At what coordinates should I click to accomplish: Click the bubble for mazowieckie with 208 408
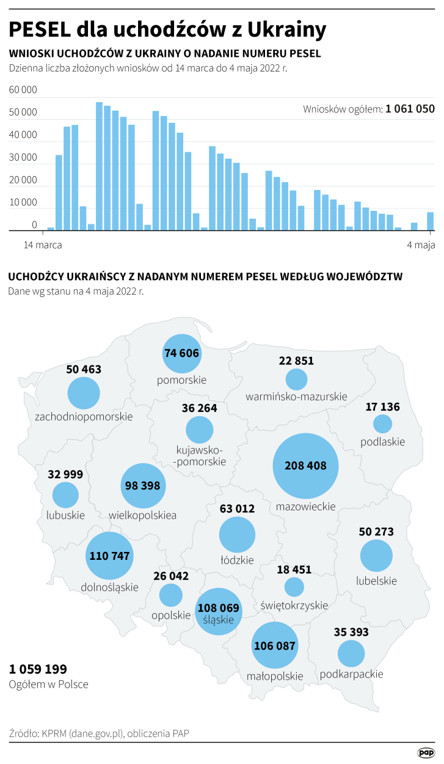[305, 466]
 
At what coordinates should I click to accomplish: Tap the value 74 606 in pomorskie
[181, 353]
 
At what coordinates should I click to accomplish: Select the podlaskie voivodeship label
[383, 441]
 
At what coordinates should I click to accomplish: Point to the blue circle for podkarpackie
[351, 653]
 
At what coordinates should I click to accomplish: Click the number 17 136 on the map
[382, 406]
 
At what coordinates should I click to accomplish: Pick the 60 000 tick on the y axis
[23, 90]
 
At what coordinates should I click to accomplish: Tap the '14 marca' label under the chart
[43, 245]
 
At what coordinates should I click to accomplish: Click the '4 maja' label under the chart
[421, 245]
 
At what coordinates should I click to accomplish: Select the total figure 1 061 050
[410, 109]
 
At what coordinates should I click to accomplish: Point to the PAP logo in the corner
[426, 753]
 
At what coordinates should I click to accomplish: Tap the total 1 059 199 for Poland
[38, 669]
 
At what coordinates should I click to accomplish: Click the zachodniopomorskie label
[84, 417]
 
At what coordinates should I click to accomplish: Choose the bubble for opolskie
[171, 595]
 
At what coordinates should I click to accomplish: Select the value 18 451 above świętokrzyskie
[294, 570]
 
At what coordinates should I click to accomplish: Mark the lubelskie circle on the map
[376, 556]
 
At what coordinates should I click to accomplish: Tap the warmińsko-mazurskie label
[296, 397]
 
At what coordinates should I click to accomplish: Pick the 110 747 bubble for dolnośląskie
[109, 556]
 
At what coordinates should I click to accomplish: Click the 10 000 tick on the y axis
[23, 202]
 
